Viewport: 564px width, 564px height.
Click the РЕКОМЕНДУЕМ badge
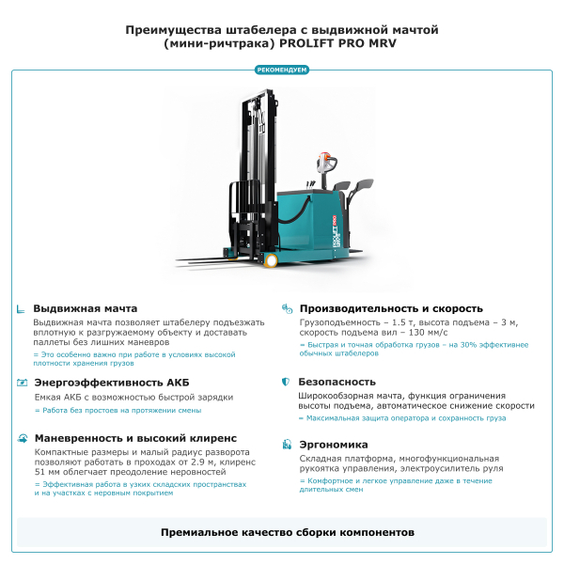coord(282,70)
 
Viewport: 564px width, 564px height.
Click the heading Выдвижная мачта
coord(86,308)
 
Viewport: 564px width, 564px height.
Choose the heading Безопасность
coord(337,383)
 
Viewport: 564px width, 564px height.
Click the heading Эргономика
coord(333,445)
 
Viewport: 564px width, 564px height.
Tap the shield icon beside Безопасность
coord(286,383)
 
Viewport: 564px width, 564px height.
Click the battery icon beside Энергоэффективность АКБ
coord(21,383)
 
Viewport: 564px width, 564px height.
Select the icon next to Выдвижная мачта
coord(21,308)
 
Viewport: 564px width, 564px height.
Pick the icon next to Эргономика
coord(286,445)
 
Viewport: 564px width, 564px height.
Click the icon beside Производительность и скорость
coord(286,308)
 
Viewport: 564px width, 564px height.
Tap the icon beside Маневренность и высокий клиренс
coord(21,438)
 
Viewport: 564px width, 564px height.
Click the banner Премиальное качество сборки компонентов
coord(282,532)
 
